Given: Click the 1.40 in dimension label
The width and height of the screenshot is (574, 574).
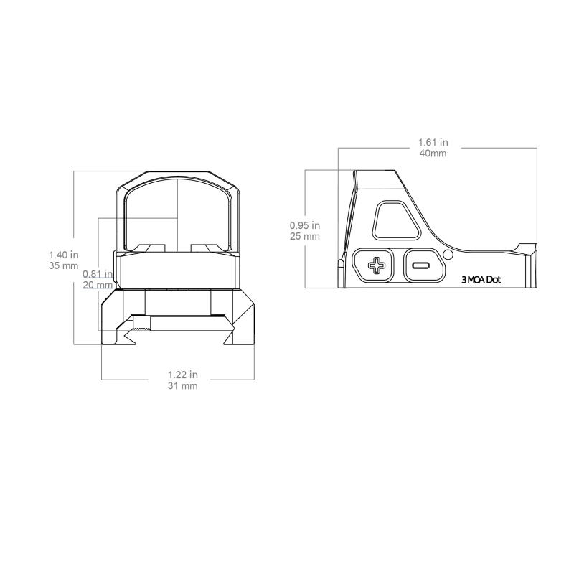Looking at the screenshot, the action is pyautogui.click(x=64, y=255).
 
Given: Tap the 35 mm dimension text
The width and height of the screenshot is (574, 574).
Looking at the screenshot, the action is pyautogui.click(x=64, y=265).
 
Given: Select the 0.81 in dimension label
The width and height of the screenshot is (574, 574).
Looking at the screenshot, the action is pyautogui.click(x=98, y=274).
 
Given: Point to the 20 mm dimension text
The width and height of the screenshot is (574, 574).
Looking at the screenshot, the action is pyautogui.click(x=98, y=285).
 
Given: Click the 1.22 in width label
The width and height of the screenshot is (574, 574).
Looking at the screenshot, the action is pyautogui.click(x=183, y=375).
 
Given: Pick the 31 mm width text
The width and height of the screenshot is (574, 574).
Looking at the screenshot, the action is pyautogui.click(x=183, y=386).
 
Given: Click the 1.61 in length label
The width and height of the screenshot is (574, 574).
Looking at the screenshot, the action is pyautogui.click(x=433, y=142).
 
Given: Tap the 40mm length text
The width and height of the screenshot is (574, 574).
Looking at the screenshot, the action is pyautogui.click(x=433, y=153).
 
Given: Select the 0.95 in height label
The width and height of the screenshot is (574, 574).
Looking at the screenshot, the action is pyautogui.click(x=305, y=225).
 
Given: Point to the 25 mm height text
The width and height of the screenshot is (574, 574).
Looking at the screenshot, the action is pyautogui.click(x=305, y=237).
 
